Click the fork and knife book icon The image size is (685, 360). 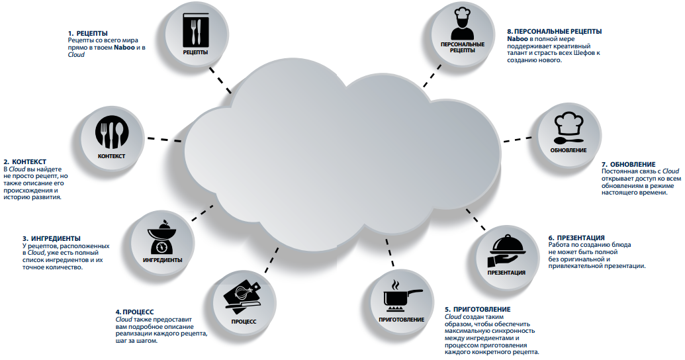pyautogui.click(x=195, y=29)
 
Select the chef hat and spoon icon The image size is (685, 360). pyautogui.click(x=567, y=128)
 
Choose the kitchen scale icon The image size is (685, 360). pyautogui.click(x=162, y=238)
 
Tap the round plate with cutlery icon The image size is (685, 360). pyautogui.click(x=111, y=134)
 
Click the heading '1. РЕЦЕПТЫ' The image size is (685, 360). pyautogui.click(x=88, y=33)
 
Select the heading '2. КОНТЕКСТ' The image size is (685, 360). pyautogui.click(x=25, y=161)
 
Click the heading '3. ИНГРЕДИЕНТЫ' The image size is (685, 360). pyautogui.click(x=51, y=238)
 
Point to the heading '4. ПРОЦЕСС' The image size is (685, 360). pyautogui.click(x=135, y=312)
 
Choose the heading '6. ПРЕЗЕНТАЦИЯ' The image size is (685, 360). pyautogui.click(x=576, y=238)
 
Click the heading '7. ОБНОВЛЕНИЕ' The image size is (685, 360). pyautogui.click(x=628, y=164)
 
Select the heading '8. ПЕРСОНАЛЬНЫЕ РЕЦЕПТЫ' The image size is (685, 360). pyautogui.click(x=554, y=31)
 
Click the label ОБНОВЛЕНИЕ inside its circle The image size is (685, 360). pyautogui.click(x=568, y=150)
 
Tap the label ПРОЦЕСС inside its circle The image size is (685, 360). pyautogui.click(x=244, y=322)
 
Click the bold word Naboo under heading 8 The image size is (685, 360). pyautogui.click(x=518, y=39)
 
